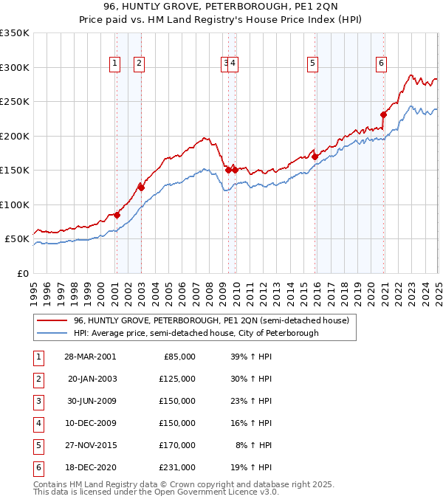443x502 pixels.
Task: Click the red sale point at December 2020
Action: [384, 114]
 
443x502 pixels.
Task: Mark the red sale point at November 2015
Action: [315, 157]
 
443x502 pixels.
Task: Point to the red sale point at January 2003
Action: [141, 188]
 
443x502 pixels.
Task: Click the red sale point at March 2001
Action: [117, 215]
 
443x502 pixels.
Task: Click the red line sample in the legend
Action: [52, 320]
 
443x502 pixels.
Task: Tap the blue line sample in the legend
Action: [52, 333]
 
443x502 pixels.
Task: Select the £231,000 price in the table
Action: [177, 468]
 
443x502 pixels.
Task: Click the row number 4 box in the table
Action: [38, 424]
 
